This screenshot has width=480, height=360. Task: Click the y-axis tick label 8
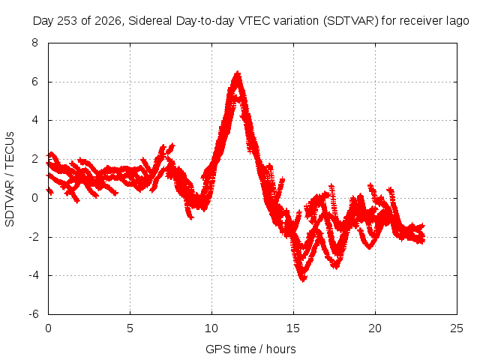click(34, 43)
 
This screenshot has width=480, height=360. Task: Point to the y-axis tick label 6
click(34, 82)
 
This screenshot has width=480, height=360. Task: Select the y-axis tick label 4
click(34, 120)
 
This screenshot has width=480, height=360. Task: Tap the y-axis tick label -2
click(33, 237)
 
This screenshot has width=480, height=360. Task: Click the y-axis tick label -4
click(33, 275)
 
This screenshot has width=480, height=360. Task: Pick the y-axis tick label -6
click(33, 314)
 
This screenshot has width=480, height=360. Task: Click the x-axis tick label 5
click(130, 328)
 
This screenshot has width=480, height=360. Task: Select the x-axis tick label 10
click(211, 328)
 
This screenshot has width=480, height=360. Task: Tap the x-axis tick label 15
click(293, 328)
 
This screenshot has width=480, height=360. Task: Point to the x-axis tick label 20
click(375, 328)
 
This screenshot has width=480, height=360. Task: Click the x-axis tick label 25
click(457, 328)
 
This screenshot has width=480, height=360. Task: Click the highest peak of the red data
click(237, 72)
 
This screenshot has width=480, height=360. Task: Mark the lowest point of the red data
click(303, 280)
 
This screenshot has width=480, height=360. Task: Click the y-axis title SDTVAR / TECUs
click(10, 179)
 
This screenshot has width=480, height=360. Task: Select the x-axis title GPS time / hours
click(250, 349)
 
